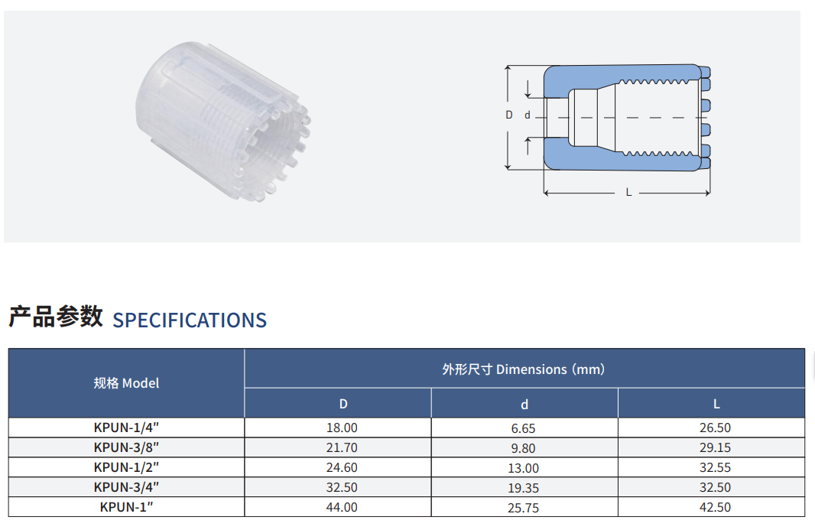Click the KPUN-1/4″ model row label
pos(126,428)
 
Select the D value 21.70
pos(342,447)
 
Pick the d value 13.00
pos(523,468)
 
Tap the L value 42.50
pos(715,507)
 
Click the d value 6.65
pos(523,428)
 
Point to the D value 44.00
pos(342,507)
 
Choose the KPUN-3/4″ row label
pos(126,487)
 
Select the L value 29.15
pos(715,447)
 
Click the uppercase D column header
pos(343,404)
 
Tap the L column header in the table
pos(716,404)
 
